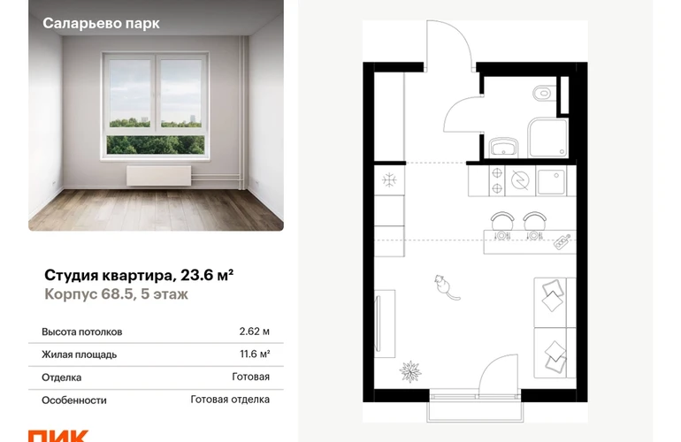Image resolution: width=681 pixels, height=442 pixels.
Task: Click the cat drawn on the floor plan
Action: point(444,286)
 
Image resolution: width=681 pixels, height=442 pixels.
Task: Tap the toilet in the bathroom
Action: point(544,93)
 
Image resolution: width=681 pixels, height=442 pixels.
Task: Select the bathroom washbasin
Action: point(504,148)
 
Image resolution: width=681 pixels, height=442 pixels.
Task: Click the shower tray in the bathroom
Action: point(548,138)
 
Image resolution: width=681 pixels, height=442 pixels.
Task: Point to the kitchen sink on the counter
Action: point(552,181)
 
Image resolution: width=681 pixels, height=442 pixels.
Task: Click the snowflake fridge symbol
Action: point(389,179)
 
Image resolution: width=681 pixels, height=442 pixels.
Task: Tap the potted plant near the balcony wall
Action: point(410,371)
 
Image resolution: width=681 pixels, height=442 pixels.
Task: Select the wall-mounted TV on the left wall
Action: point(379,324)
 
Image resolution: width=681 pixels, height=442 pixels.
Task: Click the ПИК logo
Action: point(58,436)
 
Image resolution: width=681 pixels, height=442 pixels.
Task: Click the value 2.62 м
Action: point(254,331)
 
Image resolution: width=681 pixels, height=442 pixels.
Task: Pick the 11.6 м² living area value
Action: point(255,354)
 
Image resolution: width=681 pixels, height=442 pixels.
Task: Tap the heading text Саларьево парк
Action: point(101,23)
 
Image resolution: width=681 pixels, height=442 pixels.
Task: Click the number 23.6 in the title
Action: point(196,275)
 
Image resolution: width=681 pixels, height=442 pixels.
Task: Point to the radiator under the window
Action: point(159,175)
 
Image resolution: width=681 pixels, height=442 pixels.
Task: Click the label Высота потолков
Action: point(82,332)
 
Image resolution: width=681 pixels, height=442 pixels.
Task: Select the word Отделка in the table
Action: point(61,377)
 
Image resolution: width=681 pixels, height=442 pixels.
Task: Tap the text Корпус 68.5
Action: point(88,294)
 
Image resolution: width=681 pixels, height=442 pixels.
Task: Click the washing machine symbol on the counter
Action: point(520,180)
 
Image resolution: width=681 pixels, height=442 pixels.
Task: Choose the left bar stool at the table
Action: point(502,221)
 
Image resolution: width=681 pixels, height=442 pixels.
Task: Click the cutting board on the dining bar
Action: point(562,242)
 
